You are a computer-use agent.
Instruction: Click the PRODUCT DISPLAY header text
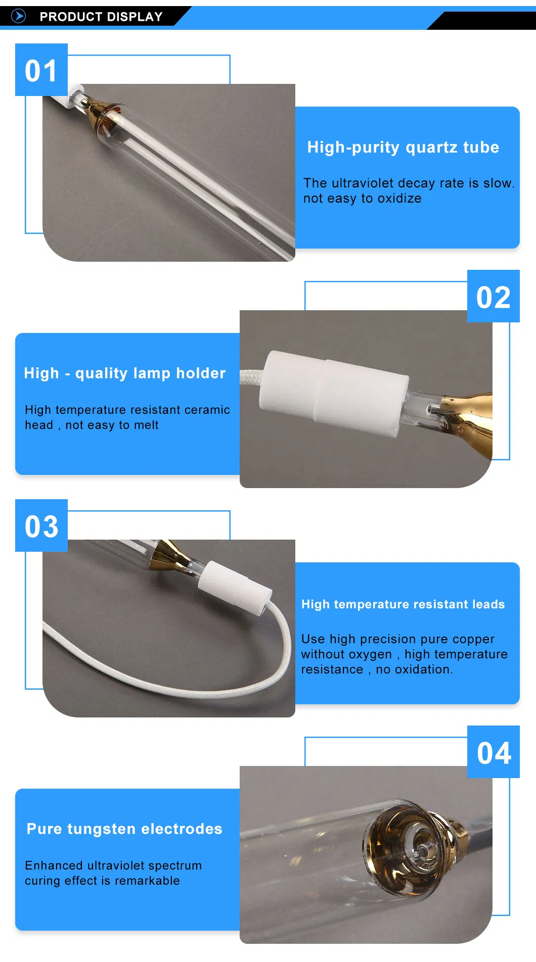coord(101,17)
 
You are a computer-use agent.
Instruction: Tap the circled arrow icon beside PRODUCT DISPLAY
coord(18,16)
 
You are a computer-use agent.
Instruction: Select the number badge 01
coord(41,70)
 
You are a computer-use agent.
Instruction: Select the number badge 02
coord(493,297)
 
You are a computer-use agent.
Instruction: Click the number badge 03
coord(41,526)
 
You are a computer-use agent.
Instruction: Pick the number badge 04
coord(494,752)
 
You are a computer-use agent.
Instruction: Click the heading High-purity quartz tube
coord(403,147)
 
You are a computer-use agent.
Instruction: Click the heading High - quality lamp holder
coord(124,373)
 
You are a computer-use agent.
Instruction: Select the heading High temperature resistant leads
coord(403,604)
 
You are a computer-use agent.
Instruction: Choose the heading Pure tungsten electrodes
coord(124,829)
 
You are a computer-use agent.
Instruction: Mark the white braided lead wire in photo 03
coord(167,685)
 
